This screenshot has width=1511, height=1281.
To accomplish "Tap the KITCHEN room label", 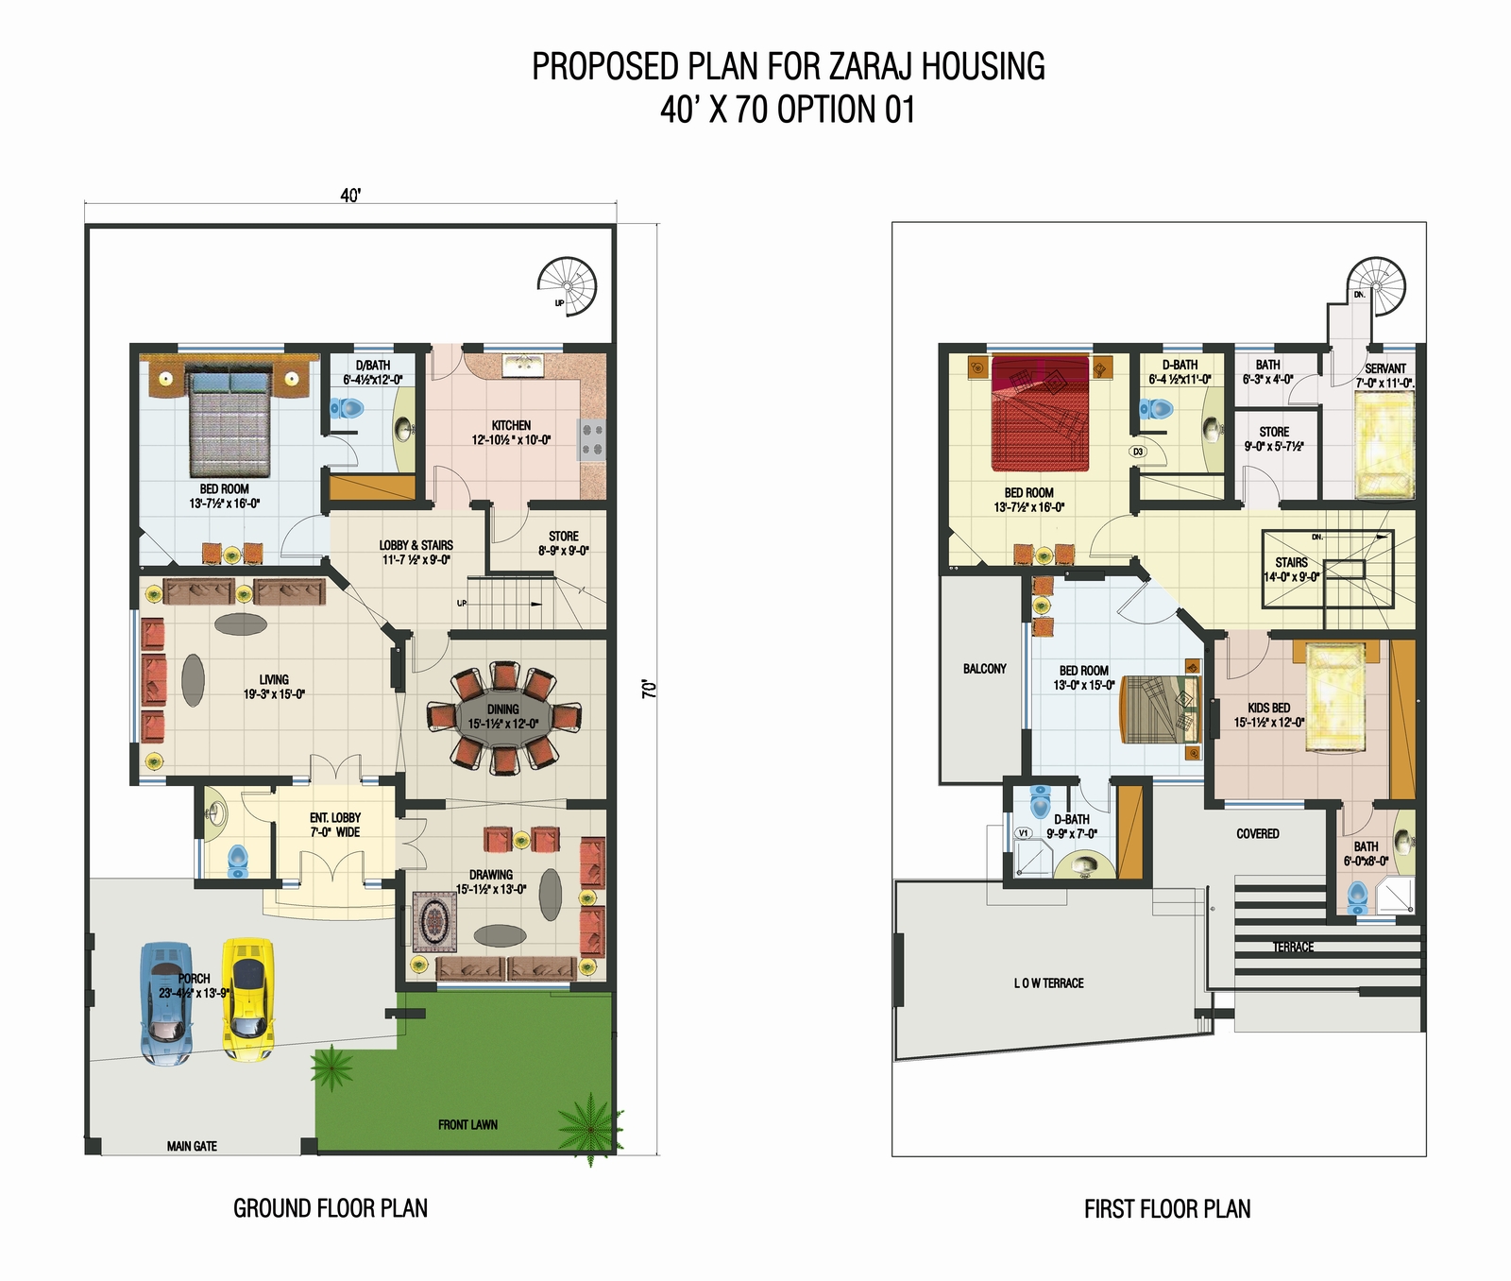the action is point(511,425).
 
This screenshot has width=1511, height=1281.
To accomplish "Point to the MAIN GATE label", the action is point(192,1146).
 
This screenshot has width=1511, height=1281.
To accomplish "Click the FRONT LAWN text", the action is point(467,1124).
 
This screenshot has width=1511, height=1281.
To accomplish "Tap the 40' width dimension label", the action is point(350,196).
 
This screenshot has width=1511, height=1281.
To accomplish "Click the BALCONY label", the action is point(984,669).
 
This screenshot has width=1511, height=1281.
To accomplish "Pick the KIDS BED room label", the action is point(1268,708).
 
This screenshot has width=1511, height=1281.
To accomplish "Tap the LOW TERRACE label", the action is point(1048,983).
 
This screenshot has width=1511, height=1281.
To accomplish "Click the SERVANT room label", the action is point(1385,368).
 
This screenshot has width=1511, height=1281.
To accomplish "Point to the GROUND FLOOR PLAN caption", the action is point(331,1208).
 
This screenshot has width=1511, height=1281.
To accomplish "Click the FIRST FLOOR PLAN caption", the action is point(1167,1209).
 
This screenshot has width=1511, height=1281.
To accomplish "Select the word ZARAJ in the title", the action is point(871,67).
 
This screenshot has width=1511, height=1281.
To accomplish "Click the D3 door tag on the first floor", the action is point(1138,452).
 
